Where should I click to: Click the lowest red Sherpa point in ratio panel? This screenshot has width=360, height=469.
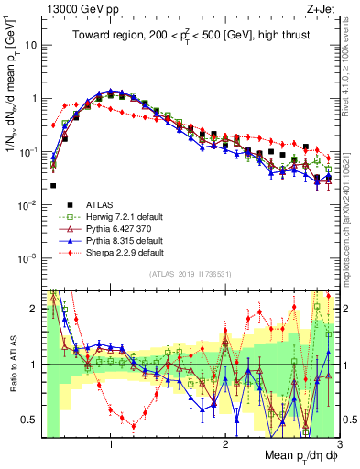134,426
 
